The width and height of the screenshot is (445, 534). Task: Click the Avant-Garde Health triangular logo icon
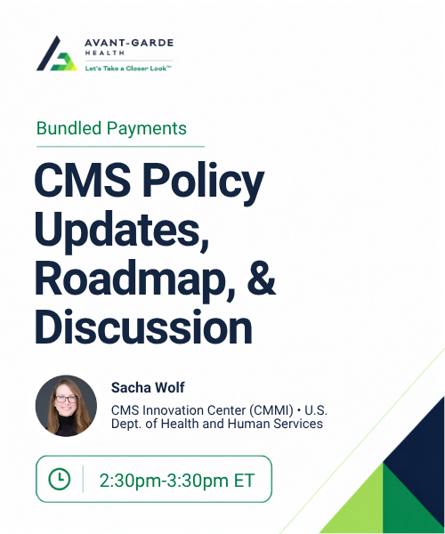pos(57,53)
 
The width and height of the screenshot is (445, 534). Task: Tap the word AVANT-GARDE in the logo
pos(129,43)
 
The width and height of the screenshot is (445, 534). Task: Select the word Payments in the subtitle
pos(147,129)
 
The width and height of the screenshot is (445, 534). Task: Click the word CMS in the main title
pos(83,179)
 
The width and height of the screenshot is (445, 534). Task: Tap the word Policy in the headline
pos(203,182)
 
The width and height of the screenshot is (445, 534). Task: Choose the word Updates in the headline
pos(122,230)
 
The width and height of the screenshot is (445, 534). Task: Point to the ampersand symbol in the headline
pos(262,278)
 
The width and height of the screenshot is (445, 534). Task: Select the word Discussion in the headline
pos(143,327)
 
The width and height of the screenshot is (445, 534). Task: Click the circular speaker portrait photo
pos(67,405)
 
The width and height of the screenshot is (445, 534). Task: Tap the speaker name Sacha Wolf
pos(148,387)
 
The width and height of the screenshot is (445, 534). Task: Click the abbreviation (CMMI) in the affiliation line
pos(271,410)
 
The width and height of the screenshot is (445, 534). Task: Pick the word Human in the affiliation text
pos(249,424)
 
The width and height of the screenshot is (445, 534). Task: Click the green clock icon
pos(60,479)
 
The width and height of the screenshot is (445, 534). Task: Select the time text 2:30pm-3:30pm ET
pos(177,481)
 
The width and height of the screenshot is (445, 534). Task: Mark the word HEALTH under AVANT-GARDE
pos(104,53)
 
